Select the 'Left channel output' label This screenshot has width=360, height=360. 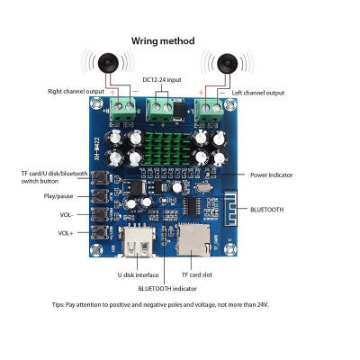click(x=258, y=92)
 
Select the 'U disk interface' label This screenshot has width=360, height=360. click(x=139, y=274)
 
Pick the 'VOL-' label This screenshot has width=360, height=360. click(x=68, y=214)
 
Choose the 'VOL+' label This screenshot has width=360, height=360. click(x=67, y=233)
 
